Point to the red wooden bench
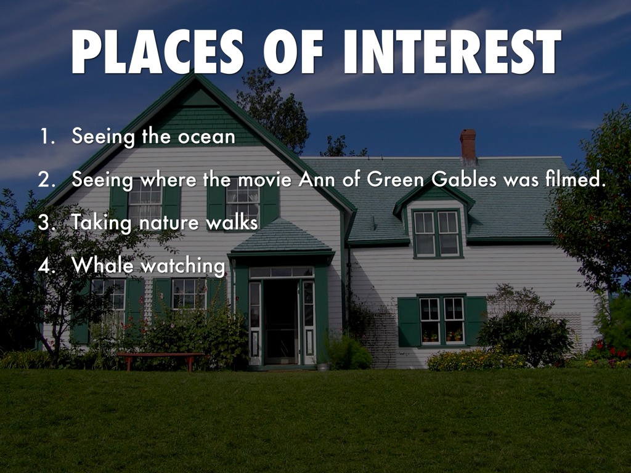coord(160,361)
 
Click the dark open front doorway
coord(280,321)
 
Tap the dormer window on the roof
coord(437,233)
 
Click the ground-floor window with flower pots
coord(442,320)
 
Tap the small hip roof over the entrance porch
coord(281,237)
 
